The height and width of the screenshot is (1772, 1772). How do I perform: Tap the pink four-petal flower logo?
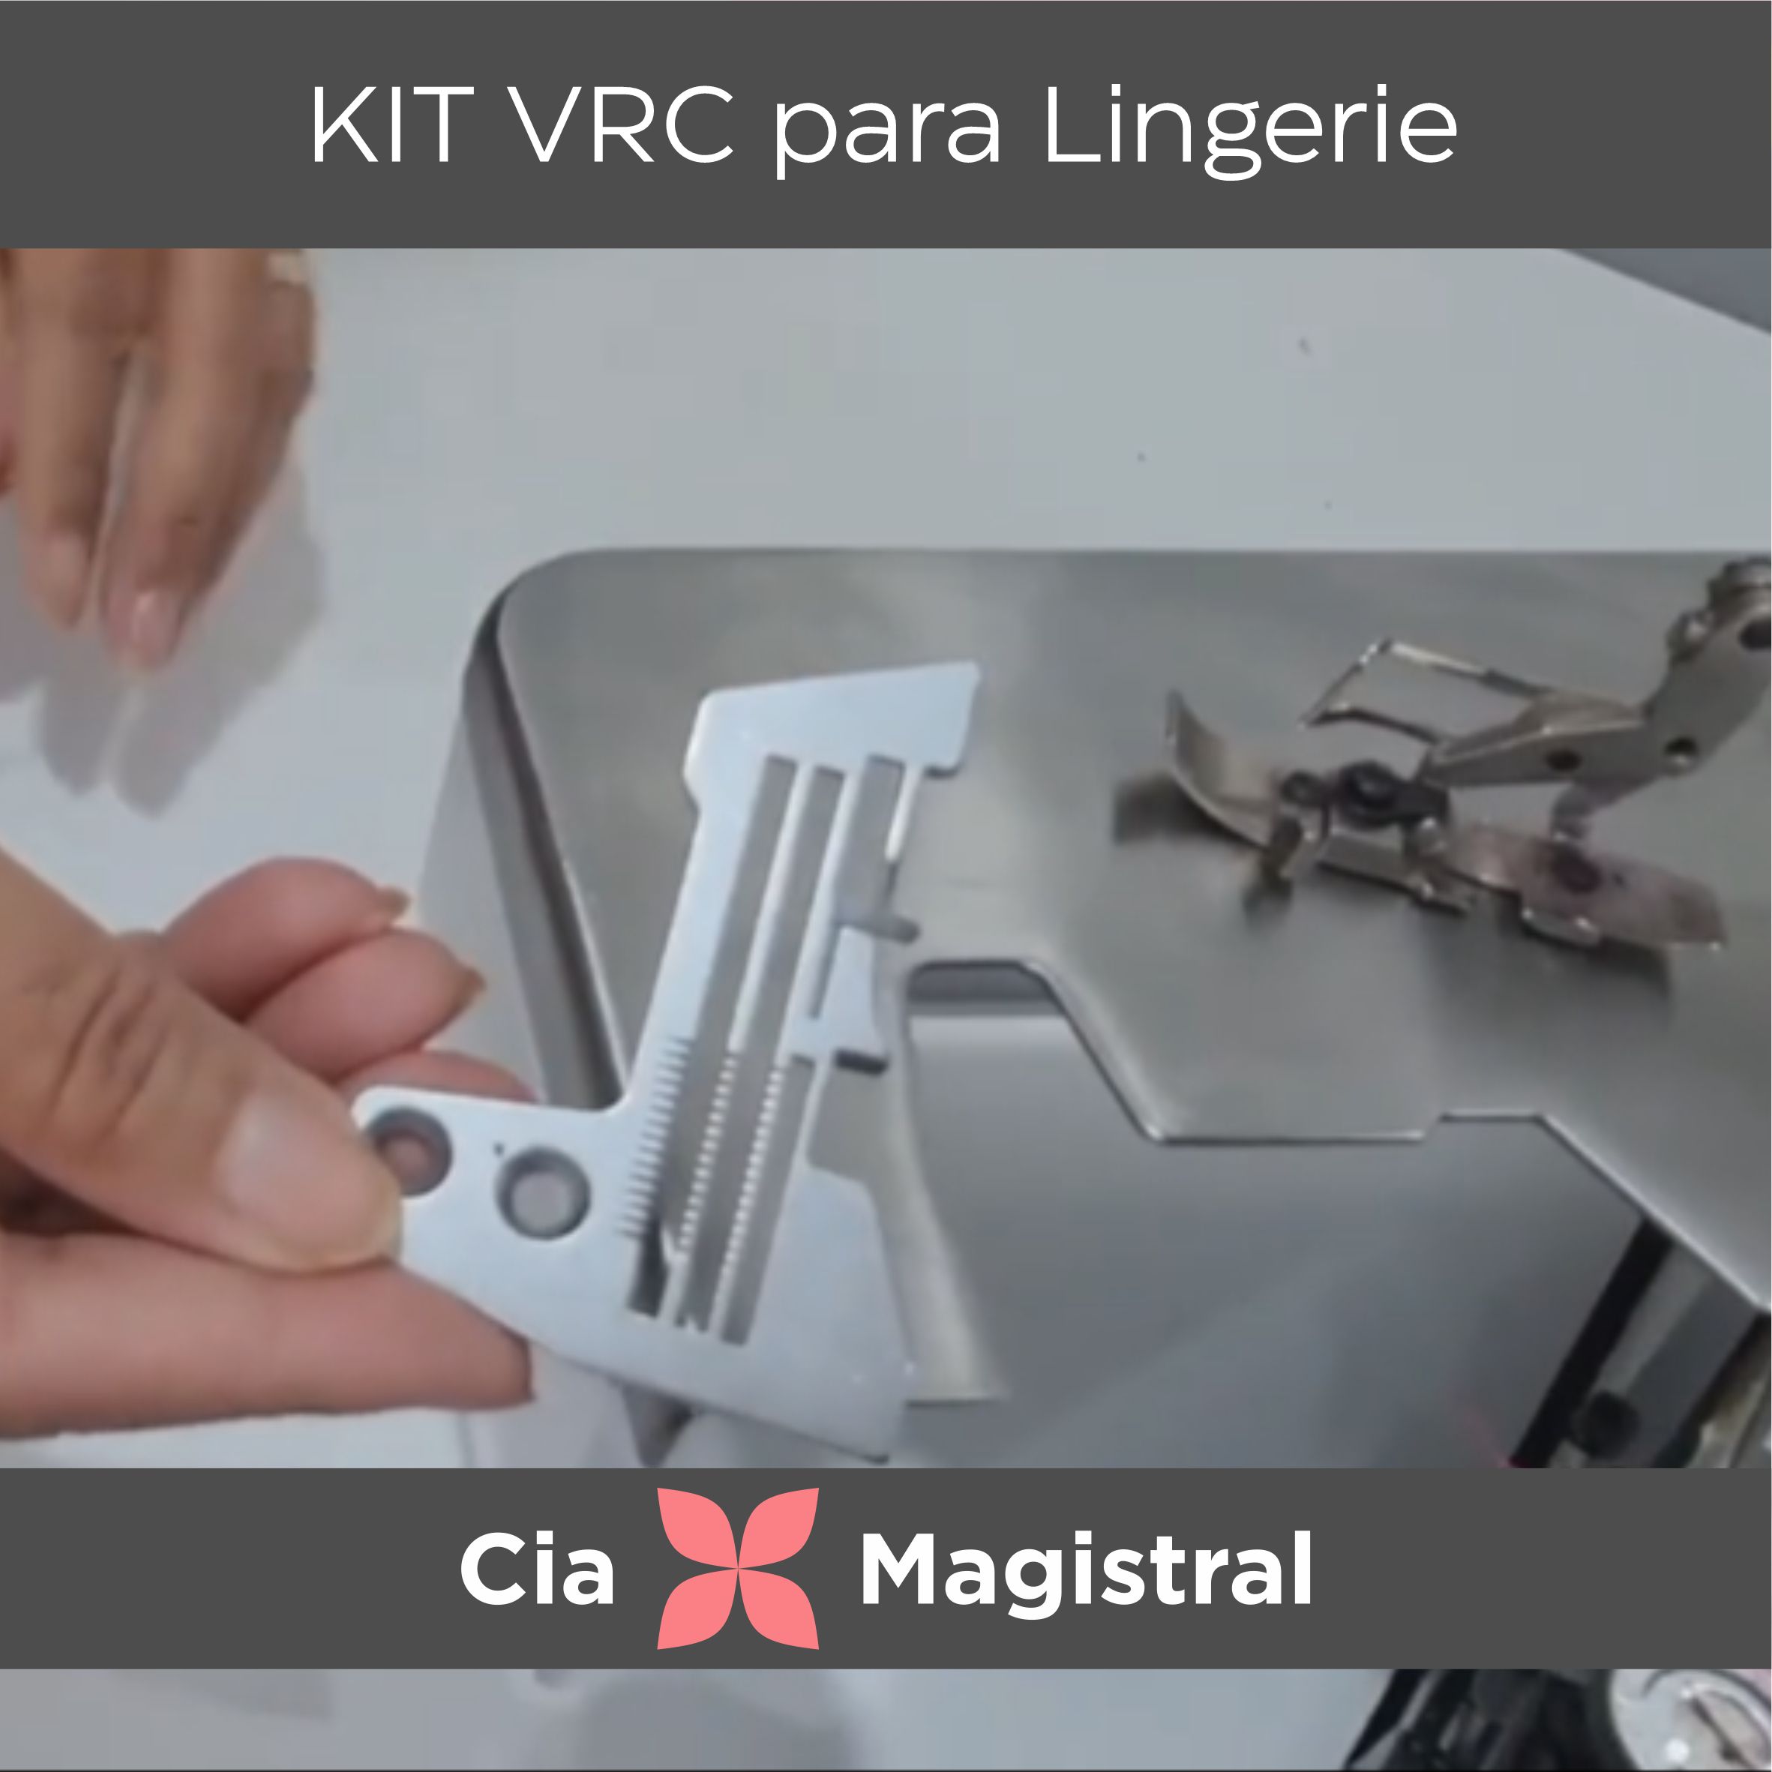(x=737, y=1567)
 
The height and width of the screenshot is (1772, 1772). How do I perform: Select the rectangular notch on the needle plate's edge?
(x=861, y=1062)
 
